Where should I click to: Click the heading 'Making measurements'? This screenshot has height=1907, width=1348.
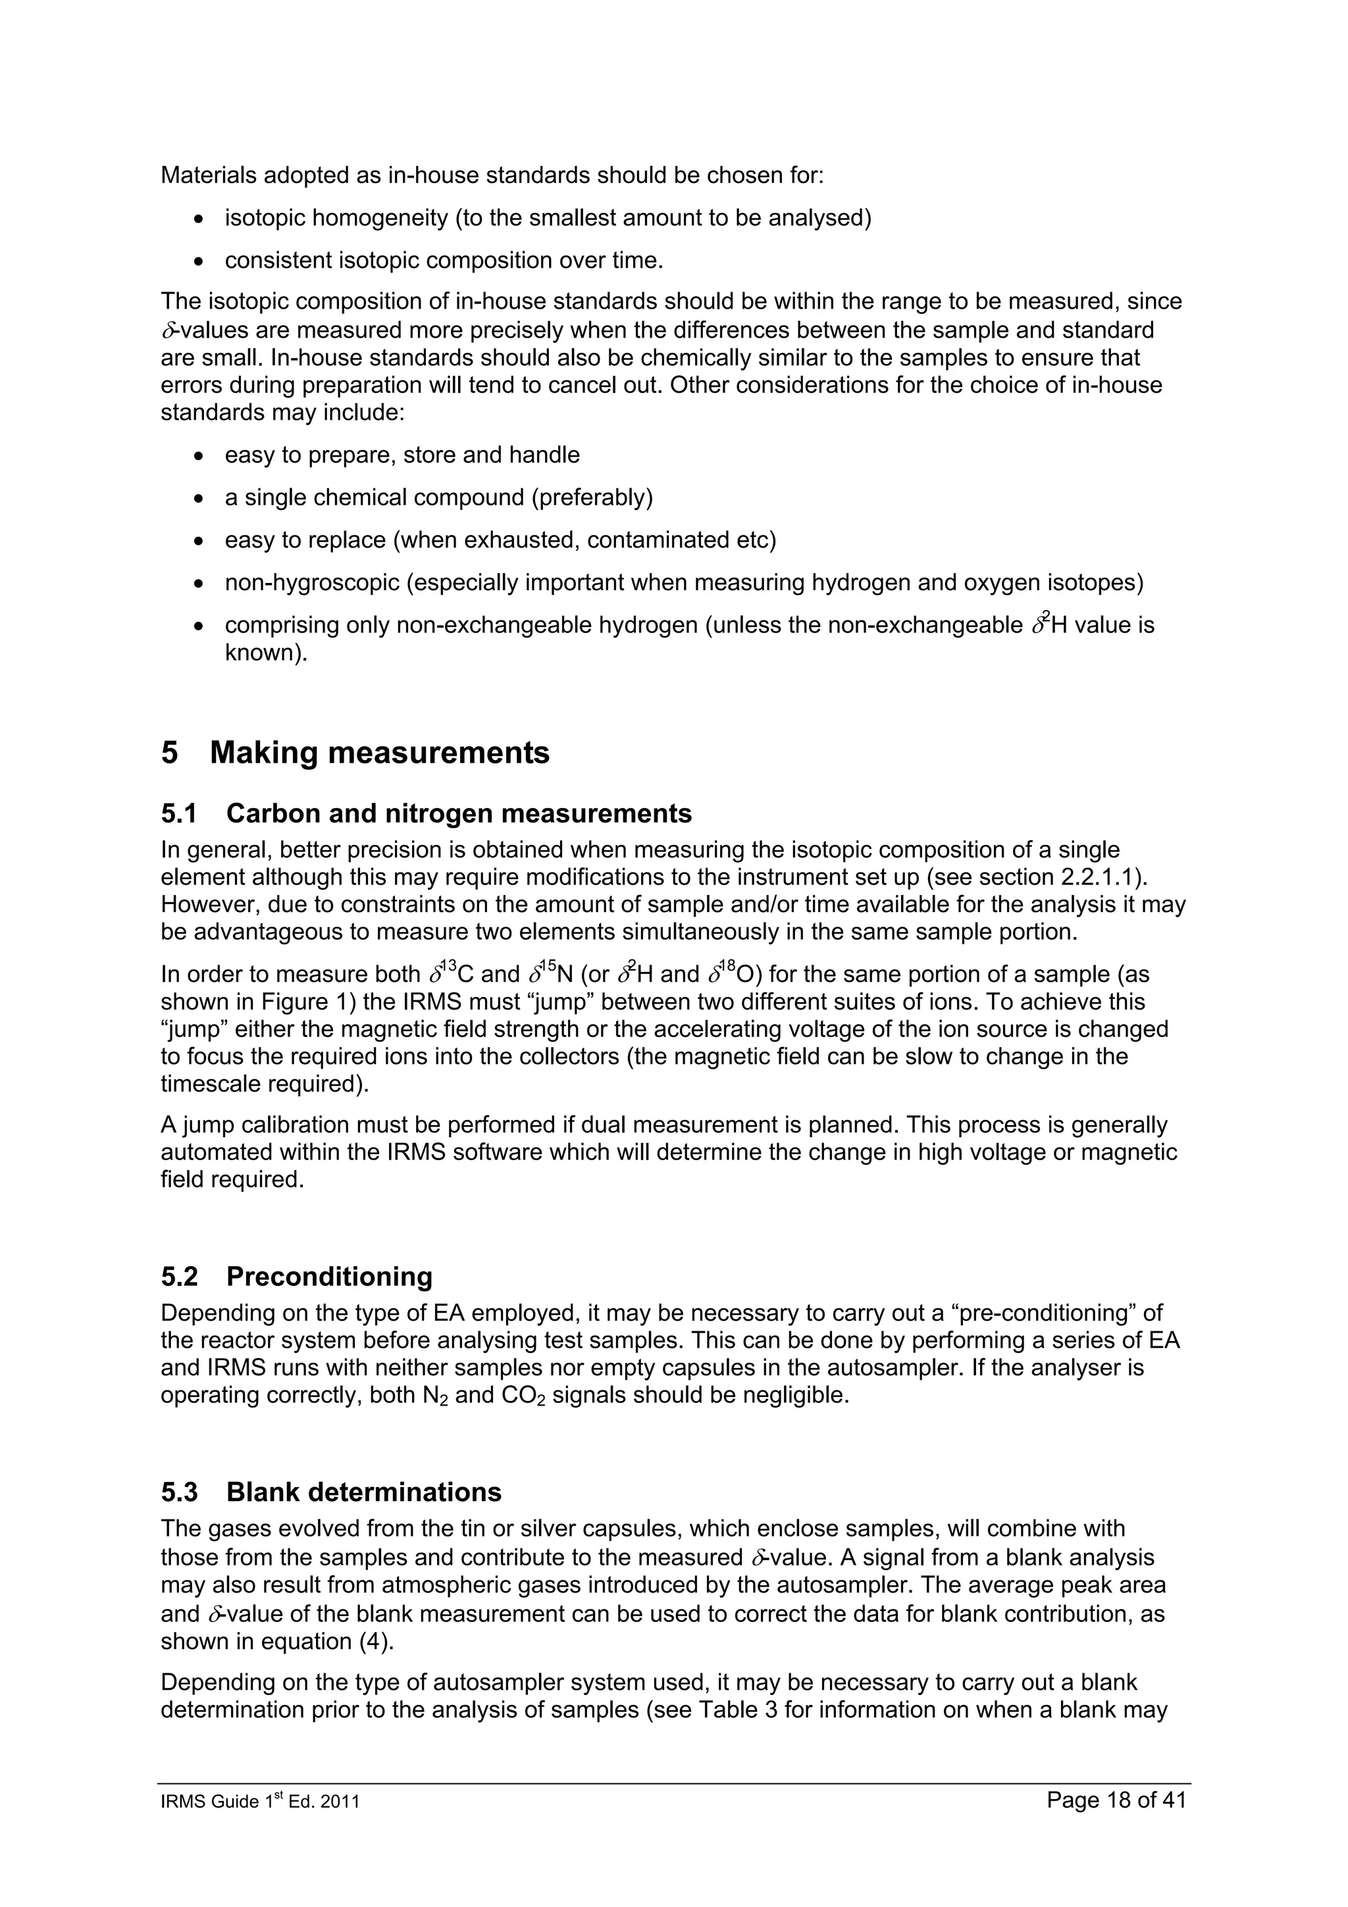pyautogui.click(x=380, y=753)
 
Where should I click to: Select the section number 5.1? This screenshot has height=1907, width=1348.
pyautogui.click(x=178, y=813)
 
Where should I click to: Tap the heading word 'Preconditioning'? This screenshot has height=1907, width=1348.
pyautogui.click(x=329, y=1277)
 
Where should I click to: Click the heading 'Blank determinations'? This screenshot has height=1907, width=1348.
pyautogui.click(x=364, y=1492)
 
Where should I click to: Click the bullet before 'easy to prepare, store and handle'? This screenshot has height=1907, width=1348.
pyautogui.click(x=197, y=455)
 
